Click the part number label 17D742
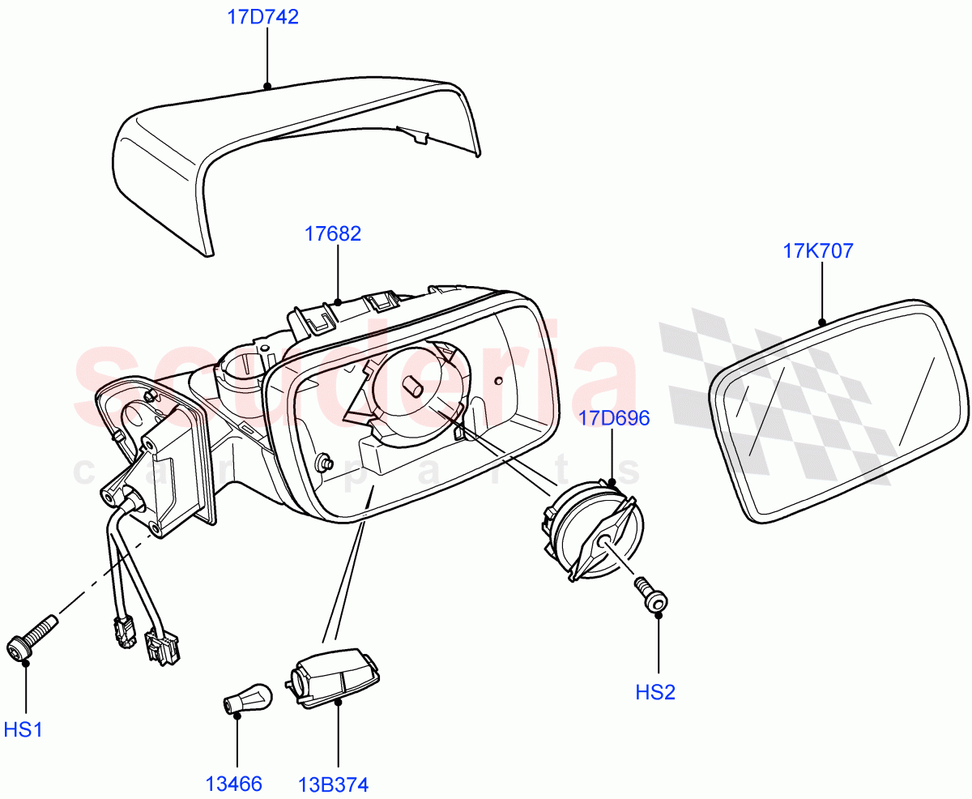tap(262, 17)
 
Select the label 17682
tap(333, 234)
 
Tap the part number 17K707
tap(817, 251)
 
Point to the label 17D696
tap(614, 418)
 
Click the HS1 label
tap(23, 730)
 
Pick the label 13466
tap(233, 784)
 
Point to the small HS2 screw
tap(650, 595)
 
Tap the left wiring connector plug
tap(122, 633)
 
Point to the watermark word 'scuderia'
tap(356, 381)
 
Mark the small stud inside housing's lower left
tap(326, 463)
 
